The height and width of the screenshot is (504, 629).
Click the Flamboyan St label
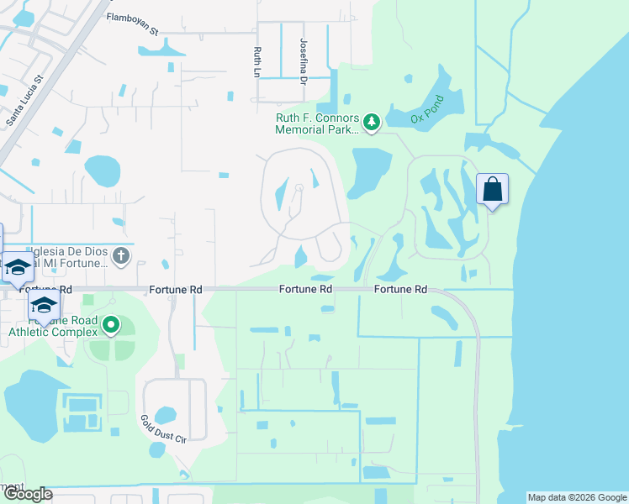133,24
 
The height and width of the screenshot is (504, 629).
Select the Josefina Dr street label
304,60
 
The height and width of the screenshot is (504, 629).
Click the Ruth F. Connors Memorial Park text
317,123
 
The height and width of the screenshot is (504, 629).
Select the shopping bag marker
492,189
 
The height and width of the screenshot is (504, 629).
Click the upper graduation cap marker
17,268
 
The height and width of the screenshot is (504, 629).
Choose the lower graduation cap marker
44,304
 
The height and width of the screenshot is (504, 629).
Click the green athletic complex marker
110,324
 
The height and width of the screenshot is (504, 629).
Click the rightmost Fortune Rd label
401,289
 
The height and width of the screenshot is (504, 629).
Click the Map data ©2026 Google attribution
577,497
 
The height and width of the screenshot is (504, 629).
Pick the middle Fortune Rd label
305,289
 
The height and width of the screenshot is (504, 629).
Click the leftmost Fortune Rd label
177,289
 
